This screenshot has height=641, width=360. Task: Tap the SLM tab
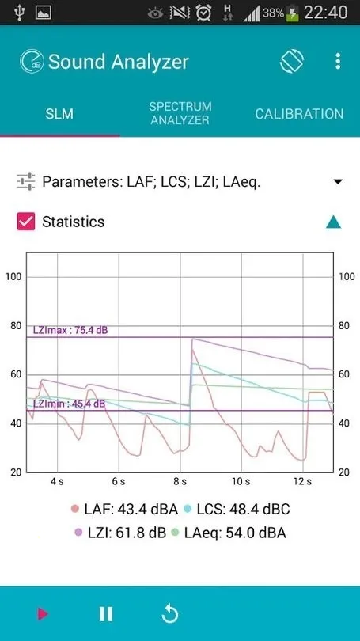(x=59, y=114)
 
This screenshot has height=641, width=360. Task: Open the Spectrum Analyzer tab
(x=180, y=113)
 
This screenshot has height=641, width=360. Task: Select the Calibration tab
(x=299, y=114)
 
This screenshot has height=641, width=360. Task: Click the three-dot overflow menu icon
(x=338, y=62)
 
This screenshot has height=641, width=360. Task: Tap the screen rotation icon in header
(x=291, y=62)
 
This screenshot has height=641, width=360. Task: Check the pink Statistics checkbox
(x=26, y=222)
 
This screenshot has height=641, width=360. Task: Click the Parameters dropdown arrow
(x=338, y=182)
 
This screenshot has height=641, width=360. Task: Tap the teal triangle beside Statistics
(x=334, y=222)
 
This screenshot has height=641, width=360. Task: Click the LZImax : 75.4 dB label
(x=70, y=330)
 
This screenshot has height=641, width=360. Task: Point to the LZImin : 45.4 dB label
(x=69, y=404)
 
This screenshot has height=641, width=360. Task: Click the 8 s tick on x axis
(x=180, y=481)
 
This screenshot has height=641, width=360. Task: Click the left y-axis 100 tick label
(x=13, y=276)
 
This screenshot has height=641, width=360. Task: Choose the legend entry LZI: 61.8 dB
(x=119, y=533)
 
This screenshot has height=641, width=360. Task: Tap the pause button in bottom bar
(x=105, y=613)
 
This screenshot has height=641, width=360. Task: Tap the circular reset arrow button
(x=169, y=613)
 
